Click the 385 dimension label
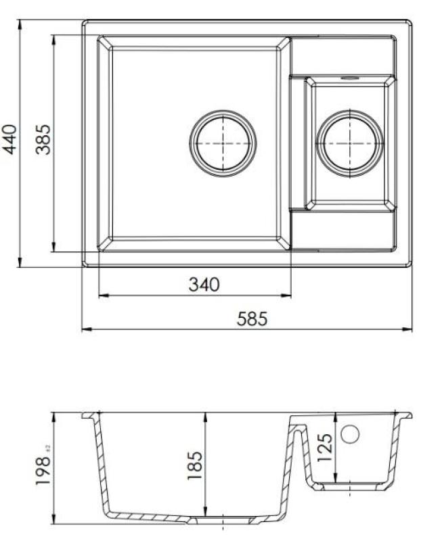43,139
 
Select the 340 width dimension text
204,285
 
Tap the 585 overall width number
252,319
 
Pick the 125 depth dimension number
324,448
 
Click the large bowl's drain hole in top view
223,143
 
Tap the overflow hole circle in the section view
349,434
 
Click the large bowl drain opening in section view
223,519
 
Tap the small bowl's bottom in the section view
349,486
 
